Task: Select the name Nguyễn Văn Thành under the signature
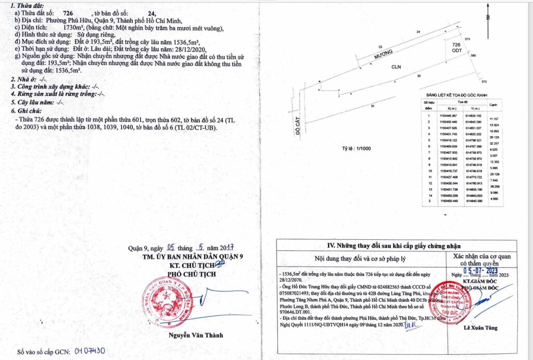[191, 335]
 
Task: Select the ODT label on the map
[455, 50]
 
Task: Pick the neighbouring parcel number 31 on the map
[372, 106]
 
